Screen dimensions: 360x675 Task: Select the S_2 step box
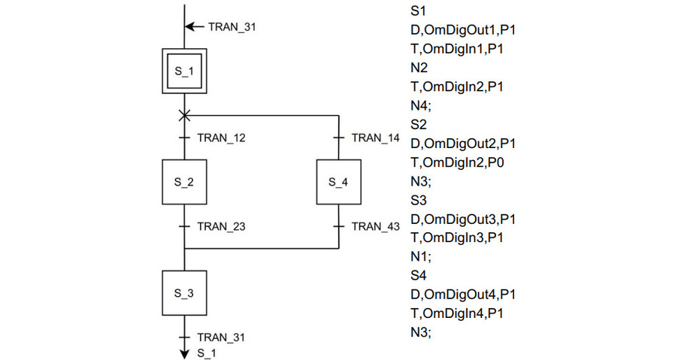tap(184, 182)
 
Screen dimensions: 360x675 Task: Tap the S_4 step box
tap(340, 182)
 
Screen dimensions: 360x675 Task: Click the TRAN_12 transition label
tap(220, 138)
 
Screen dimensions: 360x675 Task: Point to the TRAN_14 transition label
tap(375, 138)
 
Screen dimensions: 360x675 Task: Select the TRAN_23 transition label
tap(220, 225)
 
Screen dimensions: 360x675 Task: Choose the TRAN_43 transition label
tap(375, 225)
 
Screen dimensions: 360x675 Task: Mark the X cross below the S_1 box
tap(184, 116)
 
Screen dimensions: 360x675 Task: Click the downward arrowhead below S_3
tap(184, 352)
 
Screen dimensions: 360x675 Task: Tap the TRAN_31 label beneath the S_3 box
tap(220, 337)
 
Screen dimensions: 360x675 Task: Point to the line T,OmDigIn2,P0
tap(456, 162)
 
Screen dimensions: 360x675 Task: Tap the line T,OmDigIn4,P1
tap(456, 313)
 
